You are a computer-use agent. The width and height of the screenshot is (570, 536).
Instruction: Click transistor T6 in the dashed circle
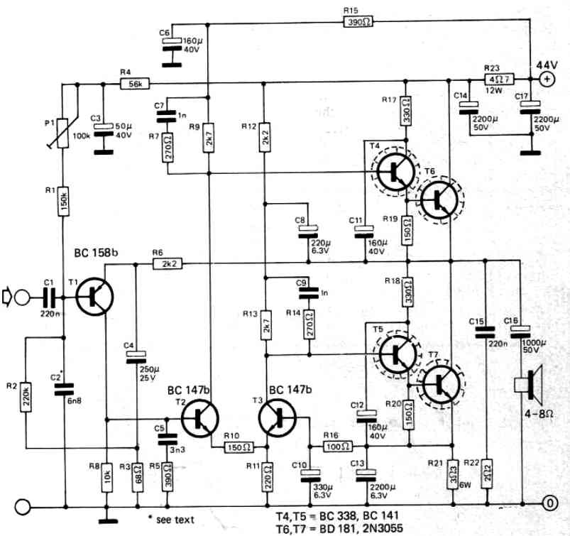(x=440, y=199)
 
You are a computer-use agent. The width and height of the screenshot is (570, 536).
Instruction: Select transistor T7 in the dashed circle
(x=442, y=384)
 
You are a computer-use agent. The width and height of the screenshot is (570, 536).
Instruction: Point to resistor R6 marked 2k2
(x=168, y=263)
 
